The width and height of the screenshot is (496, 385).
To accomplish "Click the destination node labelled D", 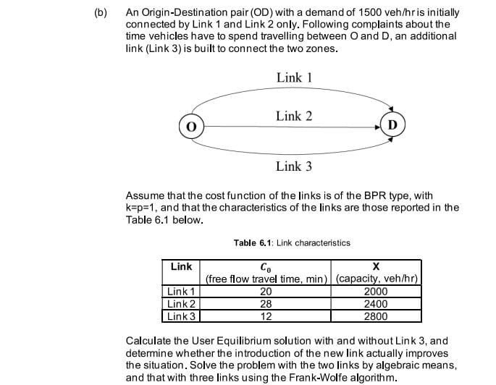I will [392, 124].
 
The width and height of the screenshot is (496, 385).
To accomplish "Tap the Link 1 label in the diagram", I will [293, 77].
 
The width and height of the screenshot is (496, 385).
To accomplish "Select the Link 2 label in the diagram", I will [293, 116].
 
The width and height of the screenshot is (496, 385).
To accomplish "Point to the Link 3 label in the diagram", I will [293, 166].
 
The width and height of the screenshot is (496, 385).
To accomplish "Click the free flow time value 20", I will [265, 292].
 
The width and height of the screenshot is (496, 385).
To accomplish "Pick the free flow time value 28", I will [265, 304].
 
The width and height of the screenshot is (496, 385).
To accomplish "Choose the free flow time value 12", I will [265, 316].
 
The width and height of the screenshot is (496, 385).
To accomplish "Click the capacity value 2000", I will [375, 292].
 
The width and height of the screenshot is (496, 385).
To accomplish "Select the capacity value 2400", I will [375, 304].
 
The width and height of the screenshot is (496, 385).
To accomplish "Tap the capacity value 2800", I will [375, 316].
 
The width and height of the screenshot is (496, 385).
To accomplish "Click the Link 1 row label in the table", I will [180, 292].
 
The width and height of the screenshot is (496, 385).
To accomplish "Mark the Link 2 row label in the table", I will [180, 304].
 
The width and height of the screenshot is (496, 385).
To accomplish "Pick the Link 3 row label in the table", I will [180, 316].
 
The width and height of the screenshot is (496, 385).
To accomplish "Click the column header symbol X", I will [375, 266].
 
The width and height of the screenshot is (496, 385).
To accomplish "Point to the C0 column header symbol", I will [265, 267].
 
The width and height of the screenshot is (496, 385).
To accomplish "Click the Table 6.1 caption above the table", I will [292, 243].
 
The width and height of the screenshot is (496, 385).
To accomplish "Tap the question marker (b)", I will [101, 13].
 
